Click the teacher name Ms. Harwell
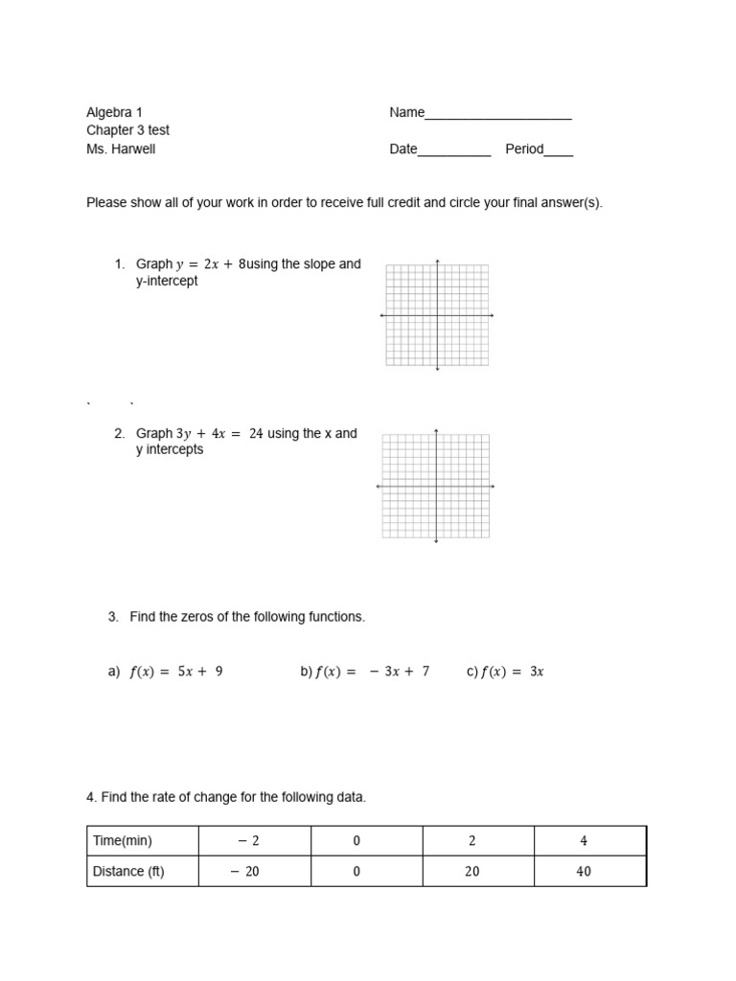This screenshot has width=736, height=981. [x=121, y=148]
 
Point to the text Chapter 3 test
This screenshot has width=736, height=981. [x=127, y=130]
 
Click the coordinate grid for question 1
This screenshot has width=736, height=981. [x=437, y=315]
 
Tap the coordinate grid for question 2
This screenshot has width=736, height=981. [x=436, y=487]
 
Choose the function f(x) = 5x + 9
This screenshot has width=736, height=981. [x=176, y=673]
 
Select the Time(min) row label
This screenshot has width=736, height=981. [x=123, y=841]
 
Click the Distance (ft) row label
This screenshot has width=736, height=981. [x=128, y=872]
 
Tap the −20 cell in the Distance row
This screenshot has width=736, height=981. [x=247, y=872]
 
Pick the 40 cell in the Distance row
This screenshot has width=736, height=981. [x=584, y=872]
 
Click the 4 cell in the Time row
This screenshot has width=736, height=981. [x=584, y=841]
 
